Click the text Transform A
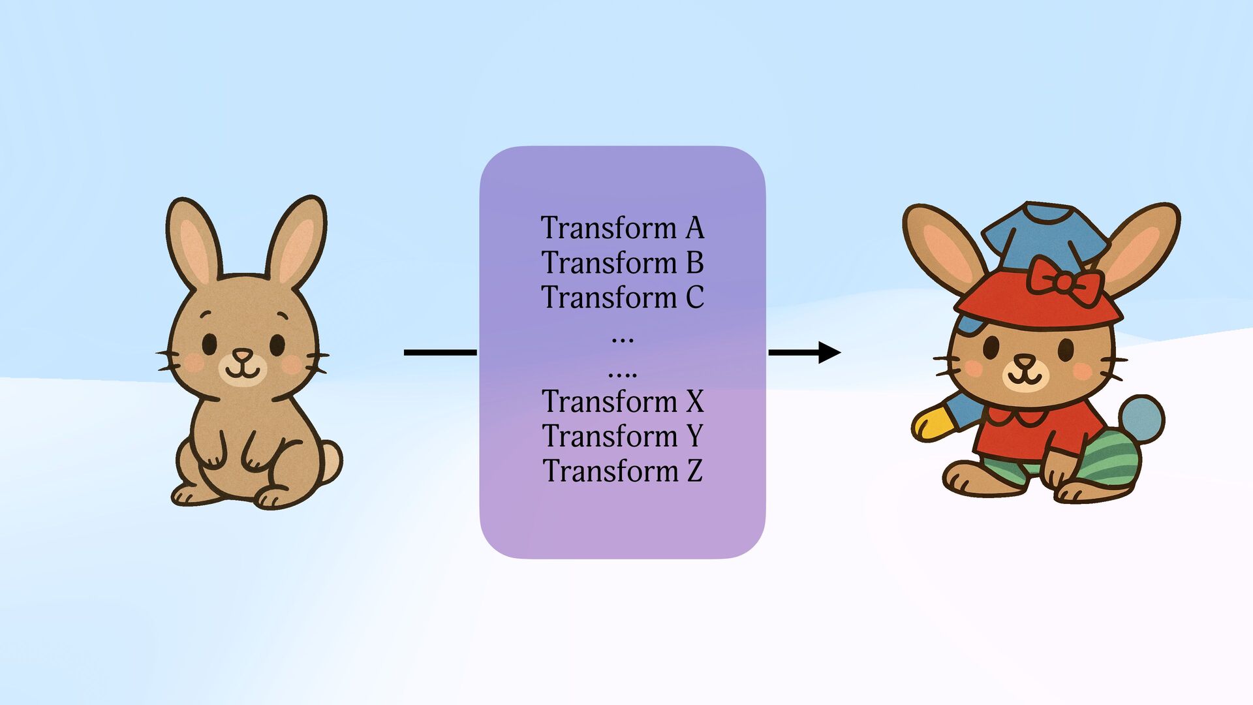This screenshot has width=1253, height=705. [x=623, y=228]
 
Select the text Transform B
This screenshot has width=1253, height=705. [x=623, y=262]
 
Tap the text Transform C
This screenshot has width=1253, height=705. [x=623, y=298]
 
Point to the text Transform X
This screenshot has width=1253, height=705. [x=623, y=401]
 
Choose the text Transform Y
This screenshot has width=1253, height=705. [x=623, y=436]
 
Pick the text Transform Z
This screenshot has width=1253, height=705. [x=623, y=471]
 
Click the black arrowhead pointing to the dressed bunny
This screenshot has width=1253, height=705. [x=829, y=352]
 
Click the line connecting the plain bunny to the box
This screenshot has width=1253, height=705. [x=441, y=352]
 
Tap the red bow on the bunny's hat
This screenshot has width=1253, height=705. [x=1064, y=281]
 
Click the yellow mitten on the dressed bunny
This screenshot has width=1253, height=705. [x=932, y=423]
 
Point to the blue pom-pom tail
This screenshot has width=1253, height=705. [x=1142, y=418]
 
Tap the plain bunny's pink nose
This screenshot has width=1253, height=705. [x=243, y=355]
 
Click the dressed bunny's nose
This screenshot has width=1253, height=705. [x=1024, y=361]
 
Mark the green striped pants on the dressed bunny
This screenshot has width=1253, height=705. [x=1109, y=457]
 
